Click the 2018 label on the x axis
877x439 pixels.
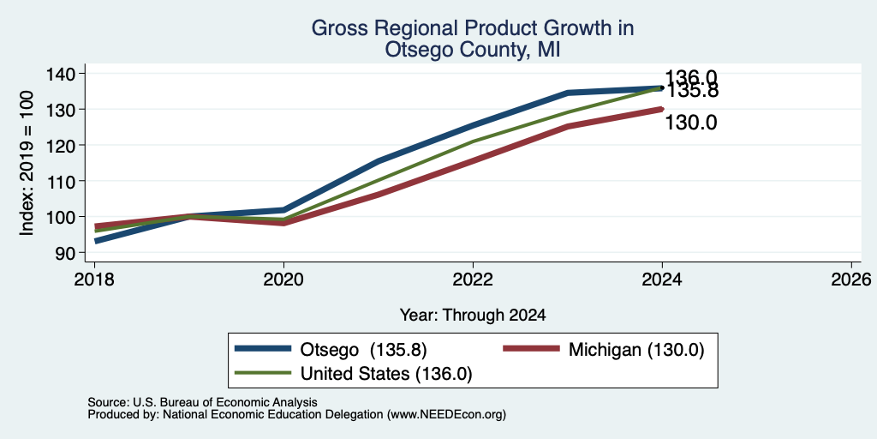94,279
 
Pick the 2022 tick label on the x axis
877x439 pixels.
473,279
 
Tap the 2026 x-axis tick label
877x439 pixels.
851,279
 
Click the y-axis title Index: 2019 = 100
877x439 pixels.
27,163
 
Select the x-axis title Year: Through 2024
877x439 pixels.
473,316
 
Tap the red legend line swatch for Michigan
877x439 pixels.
531,349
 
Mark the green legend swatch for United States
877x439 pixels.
263,373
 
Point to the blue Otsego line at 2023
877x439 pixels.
568,93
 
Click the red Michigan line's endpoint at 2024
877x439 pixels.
662,109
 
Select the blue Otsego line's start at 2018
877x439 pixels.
96,241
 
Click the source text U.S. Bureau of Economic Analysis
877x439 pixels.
225,402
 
